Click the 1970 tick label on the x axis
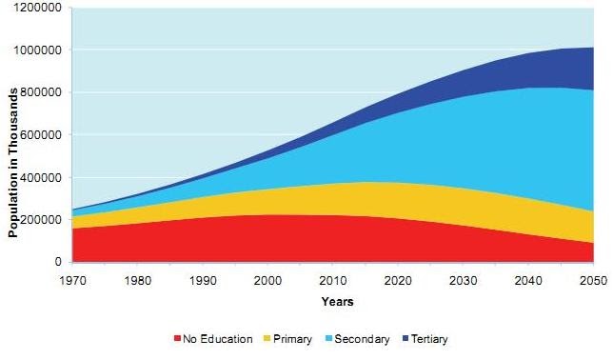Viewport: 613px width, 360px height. pyautogui.click(x=72, y=281)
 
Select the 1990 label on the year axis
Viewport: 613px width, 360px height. pyautogui.click(x=203, y=281)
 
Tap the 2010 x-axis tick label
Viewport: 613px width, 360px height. pyautogui.click(x=333, y=281)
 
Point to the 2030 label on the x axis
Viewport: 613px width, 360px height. pyautogui.click(x=463, y=281)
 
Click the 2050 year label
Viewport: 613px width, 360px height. pyautogui.click(x=593, y=281)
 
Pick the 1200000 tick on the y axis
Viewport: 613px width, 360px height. pyautogui.click(x=38, y=8)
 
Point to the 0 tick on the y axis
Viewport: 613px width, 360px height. pyautogui.click(x=58, y=262)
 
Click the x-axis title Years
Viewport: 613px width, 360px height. pyautogui.click(x=337, y=302)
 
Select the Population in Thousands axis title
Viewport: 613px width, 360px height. pyautogui.click(x=13, y=163)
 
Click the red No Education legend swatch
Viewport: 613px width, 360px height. pyautogui.click(x=177, y=338)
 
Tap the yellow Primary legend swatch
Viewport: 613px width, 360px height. pyautogui.click(x=267, y=338)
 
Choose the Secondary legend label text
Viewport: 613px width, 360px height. pyautogui.click(x=362, y=339)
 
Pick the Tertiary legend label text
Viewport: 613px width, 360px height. pyautogui.click(x=429, y=339)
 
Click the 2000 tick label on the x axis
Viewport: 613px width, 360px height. pyautogui.click(x=267, y=281)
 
